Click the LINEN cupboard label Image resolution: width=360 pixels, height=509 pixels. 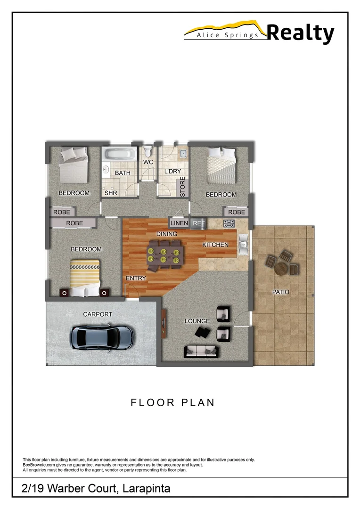coord(179,223)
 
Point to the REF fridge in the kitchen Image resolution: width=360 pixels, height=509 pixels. coord(198,223)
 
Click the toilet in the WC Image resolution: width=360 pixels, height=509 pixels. coord(148,152)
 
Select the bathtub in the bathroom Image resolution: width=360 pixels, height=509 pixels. coord(120,155)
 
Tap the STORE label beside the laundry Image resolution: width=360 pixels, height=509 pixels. coord(183,188)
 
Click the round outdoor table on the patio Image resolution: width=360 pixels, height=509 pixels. coord(281,268)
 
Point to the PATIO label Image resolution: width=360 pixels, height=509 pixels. coord(281,292)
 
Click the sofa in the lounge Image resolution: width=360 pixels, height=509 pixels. coord(201,351)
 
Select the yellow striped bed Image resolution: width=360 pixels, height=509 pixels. coord(85,278)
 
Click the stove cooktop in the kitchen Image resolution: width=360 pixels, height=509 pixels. coord(230,222)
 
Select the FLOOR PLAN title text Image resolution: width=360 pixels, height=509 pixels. coord(172,402)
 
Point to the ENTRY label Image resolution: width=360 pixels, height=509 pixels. coord(136,279)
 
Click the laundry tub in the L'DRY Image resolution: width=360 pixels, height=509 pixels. coord(183,154)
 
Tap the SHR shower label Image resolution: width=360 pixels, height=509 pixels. coord(111,193)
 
